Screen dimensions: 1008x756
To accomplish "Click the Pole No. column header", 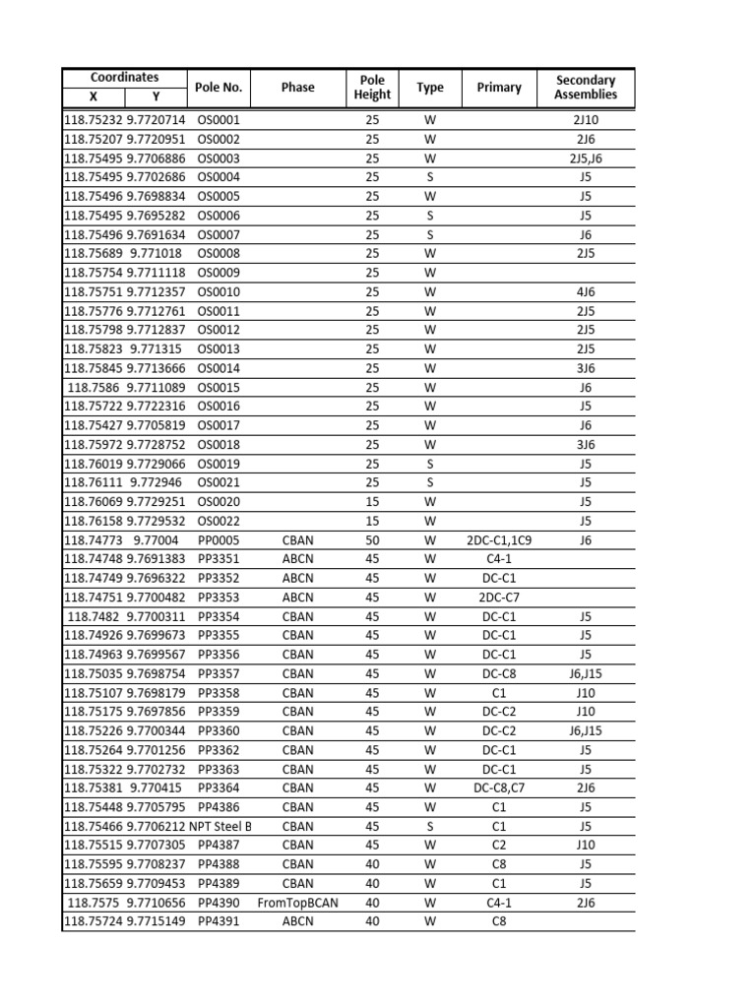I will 219,88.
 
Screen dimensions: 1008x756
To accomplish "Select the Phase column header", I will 297,88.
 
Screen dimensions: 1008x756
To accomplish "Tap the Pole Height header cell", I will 372,88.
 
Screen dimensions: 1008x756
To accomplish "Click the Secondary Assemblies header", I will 586,88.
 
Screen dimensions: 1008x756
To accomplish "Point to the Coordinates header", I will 124,77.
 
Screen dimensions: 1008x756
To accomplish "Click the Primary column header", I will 499,88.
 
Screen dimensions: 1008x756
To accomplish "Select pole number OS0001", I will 219,120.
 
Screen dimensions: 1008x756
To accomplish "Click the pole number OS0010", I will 219,292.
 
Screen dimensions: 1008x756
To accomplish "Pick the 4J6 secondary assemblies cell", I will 586,292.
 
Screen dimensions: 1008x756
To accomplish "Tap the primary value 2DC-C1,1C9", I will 499,540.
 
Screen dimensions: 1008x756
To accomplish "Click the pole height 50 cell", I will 372,540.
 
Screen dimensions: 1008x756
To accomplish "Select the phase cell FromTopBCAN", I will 297,903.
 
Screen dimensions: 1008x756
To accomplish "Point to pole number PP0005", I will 219,540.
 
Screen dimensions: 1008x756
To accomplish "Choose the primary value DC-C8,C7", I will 499,788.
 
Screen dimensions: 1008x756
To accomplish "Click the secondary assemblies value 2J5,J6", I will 586,158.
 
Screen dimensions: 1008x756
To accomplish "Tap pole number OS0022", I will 219,522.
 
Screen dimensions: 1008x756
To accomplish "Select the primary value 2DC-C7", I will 499,598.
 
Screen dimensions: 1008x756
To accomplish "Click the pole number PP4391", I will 219,922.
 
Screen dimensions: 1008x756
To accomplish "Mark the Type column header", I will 430,88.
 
